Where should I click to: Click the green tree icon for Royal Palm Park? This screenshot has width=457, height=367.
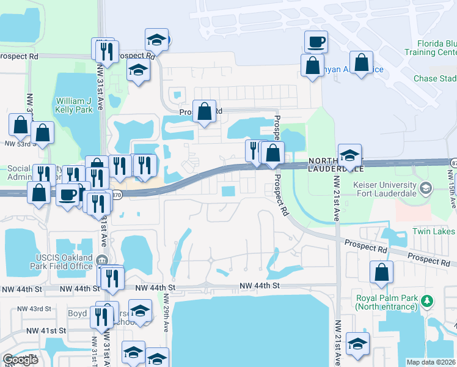[x=429, y=300]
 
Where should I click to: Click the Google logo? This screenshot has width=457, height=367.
[x=20, y=360]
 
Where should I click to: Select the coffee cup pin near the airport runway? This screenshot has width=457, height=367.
[x=316, y=42]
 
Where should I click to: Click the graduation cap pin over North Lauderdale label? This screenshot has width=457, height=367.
[x=350, y=154]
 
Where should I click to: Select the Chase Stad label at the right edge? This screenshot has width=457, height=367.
[x=434, y=79]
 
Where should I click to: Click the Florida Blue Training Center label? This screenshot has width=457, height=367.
[x=436, y=48]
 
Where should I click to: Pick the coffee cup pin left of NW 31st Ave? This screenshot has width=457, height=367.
[x=68, y=195]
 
